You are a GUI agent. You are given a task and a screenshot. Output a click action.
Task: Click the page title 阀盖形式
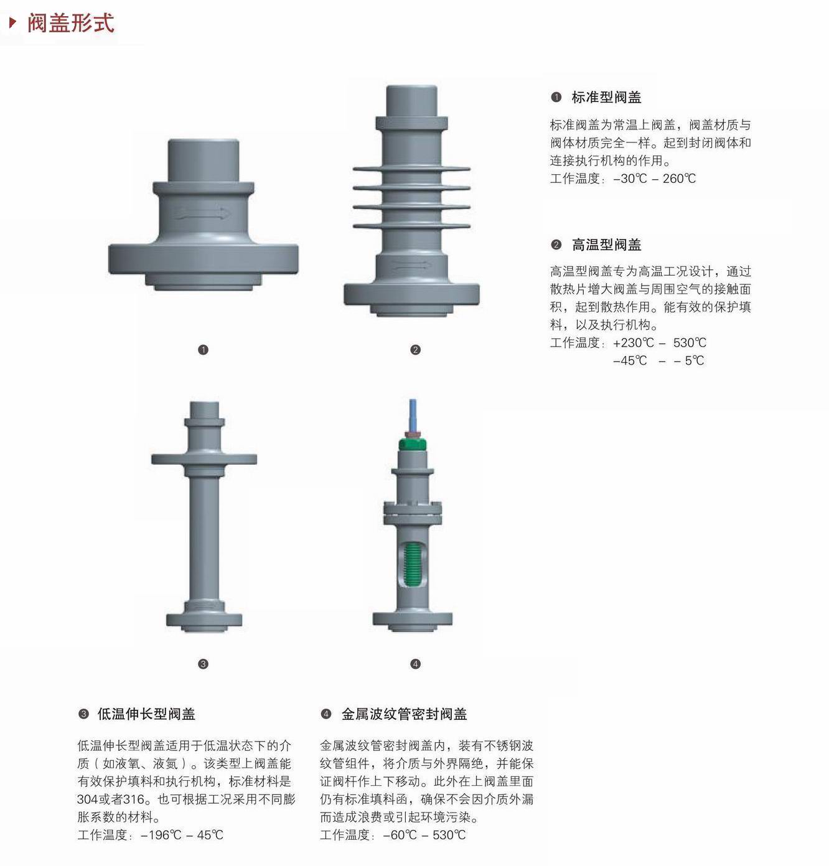tap(71, 23)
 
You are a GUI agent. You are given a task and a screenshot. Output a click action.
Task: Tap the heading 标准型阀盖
tap(606, 97)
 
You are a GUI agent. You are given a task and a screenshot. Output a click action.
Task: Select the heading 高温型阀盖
tap(606, 244)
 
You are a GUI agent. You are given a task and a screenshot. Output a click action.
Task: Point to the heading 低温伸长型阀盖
tap(146, 714)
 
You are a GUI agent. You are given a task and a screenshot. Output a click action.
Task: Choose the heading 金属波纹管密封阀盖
tap(405, 714)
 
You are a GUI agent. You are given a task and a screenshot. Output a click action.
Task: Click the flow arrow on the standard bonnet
tap(202, 213)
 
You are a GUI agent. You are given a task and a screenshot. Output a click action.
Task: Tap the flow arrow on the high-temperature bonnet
tap(411, 266)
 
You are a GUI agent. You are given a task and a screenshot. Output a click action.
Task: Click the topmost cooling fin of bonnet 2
tap(411, 169)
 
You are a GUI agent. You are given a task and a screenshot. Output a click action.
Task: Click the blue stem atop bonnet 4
tap(413, 415)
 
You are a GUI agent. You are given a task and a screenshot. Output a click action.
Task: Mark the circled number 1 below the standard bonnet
tap(203, 350)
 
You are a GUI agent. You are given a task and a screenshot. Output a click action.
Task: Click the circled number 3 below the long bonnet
tap(203, 664)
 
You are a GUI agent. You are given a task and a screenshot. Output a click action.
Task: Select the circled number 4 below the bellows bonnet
tap(415, 664)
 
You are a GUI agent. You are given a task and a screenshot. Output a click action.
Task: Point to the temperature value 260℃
tap(679, 179)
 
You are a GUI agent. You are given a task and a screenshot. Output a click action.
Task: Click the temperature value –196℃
tap(161, 835)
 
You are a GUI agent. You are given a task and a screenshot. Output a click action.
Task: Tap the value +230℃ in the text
tap(634, 343)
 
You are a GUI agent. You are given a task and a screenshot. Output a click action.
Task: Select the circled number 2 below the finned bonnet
tap(415, 350)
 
